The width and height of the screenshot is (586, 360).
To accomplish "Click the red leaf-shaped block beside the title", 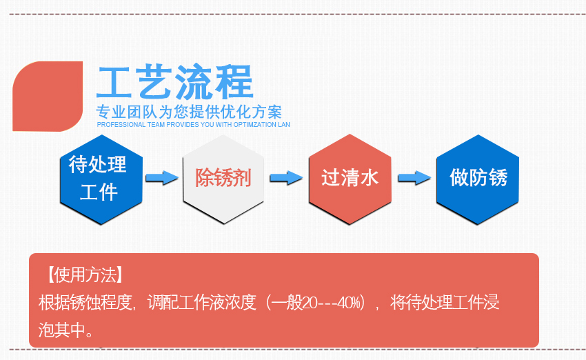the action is click(48, 96).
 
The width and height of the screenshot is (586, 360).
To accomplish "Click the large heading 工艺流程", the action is click(175, 82).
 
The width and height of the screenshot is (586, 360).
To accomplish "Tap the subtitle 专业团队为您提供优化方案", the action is click(189, 112).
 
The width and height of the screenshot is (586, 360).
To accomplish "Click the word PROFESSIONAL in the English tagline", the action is click(121, 125).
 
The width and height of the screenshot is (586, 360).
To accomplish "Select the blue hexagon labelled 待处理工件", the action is click(101, 179).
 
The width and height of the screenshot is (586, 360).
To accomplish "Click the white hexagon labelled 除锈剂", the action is click(223, 179).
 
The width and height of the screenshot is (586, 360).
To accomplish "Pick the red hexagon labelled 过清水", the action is click(350, 179).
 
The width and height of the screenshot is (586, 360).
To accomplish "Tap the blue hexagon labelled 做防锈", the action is click(478, 179).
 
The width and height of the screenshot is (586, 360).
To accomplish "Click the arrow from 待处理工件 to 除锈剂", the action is click(162, 177).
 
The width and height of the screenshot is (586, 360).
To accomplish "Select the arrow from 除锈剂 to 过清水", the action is click(286, 177).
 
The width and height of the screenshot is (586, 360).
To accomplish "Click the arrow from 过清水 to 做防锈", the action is click(414, 177).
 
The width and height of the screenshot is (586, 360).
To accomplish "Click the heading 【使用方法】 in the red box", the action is click(85, 275).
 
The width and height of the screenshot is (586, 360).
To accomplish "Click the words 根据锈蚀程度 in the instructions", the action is click(85, 303).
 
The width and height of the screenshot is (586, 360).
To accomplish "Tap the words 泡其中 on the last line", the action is click(61, 330).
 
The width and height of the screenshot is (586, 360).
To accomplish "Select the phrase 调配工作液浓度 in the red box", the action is click(202, 303).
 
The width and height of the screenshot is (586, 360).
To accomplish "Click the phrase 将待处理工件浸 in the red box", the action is click(445, 303).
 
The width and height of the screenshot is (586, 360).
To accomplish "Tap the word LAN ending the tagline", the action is click(284, 125).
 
